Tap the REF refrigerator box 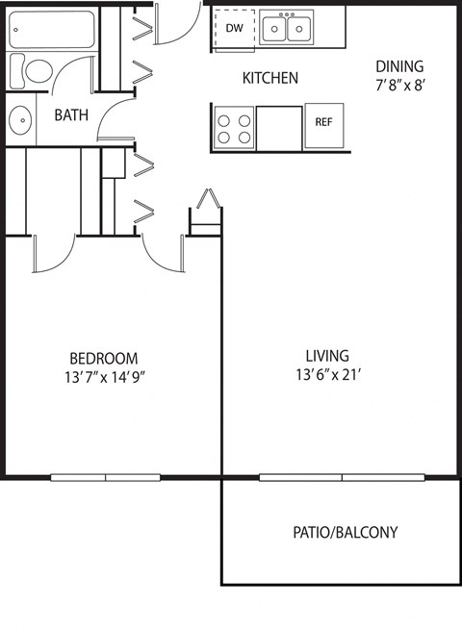323,123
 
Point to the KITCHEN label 269,78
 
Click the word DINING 399,66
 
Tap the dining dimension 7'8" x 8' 399,84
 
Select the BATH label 70,115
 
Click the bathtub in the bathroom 51,30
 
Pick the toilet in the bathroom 35,69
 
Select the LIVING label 327,355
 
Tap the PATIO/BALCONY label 345,532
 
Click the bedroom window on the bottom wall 105,477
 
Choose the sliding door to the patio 342,477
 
